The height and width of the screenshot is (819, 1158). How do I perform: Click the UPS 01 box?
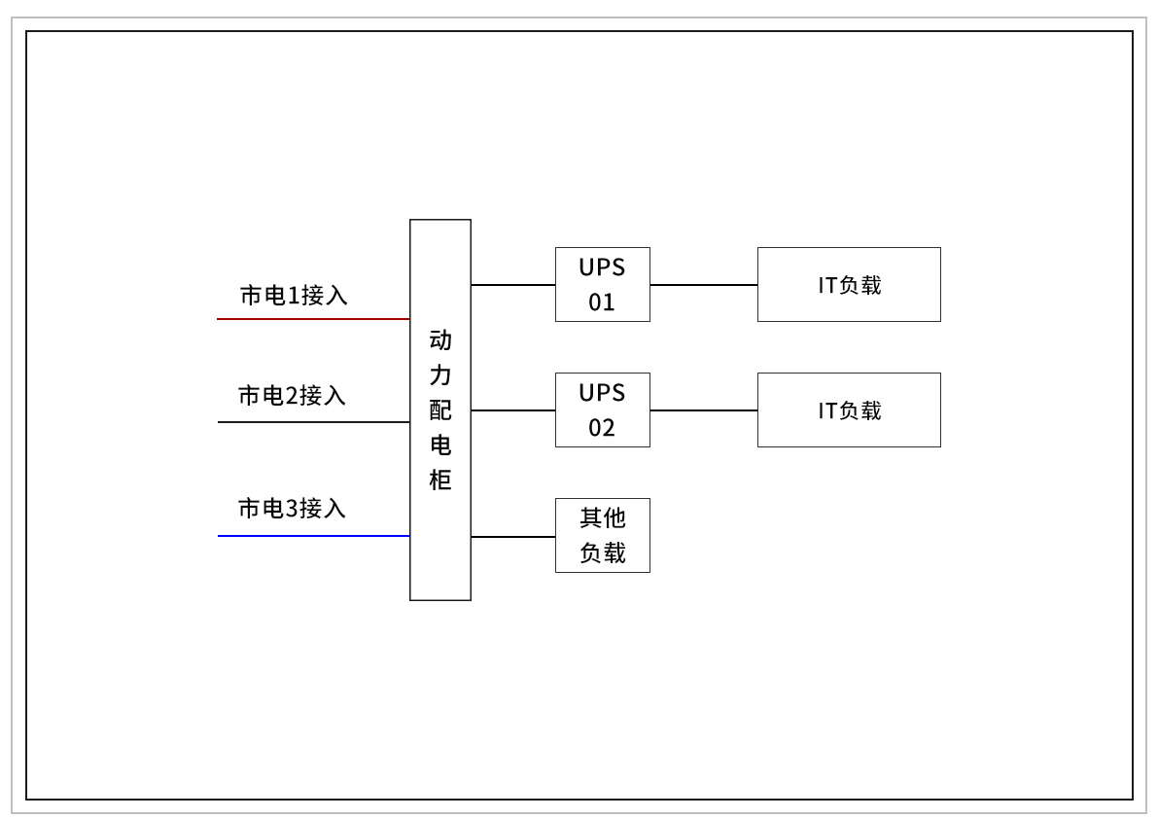(x=602, y=284)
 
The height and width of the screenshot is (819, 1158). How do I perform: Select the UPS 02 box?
(x=602, y=409)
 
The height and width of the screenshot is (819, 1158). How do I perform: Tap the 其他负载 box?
(x=602, y=535)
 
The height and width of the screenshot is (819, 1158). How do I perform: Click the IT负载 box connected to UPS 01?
(x=849, y=284)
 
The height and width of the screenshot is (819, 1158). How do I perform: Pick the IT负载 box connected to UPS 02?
(x=849, y=409)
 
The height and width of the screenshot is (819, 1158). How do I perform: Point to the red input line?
(x=313, y=319)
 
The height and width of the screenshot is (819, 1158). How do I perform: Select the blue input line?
(x=313, y=536)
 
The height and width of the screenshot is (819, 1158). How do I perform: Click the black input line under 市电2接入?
(x=313, y=422)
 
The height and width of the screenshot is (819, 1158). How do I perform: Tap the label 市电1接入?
(x=294, y=296)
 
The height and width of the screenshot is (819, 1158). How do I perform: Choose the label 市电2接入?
(x=292, y=396)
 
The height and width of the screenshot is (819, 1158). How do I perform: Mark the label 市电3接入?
(x=292, y=509)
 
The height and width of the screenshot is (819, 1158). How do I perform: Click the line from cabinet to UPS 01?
(x=513, y=285)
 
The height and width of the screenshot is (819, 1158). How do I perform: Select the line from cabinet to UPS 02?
(x=513, y=410)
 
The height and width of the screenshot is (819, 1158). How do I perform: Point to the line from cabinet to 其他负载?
(x=513, y=537)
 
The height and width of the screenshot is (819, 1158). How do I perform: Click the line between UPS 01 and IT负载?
(x=704, y=285)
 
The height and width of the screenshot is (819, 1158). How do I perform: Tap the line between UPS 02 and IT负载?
(x=704, y=410)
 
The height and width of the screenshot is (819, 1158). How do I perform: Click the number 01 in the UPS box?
(x=602, y=303)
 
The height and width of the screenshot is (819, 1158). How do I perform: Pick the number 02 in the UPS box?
(x=602, y=428)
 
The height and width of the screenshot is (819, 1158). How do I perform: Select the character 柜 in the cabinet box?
(x=440, y=481)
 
